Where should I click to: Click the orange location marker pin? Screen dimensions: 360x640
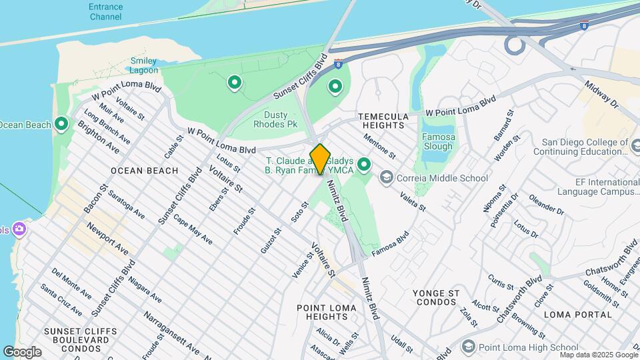click(x=320, y=159)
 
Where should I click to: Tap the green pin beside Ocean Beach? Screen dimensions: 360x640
click(x=61, y=124)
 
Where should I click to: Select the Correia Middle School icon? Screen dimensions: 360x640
click(x=386, y=177)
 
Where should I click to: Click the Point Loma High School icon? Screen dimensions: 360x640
click(x=468, y=347)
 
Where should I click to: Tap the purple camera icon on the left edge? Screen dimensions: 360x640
click(x=19, y=229)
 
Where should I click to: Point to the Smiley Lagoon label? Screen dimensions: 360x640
click(x=144, y=65)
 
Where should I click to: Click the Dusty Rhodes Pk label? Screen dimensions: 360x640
click(x=275, y=119)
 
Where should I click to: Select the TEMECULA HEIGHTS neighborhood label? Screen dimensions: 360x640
click(x=383, y=120)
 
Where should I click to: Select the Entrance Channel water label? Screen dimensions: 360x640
click(x=106, y=11)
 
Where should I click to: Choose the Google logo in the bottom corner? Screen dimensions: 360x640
click(x=22, y=351)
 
